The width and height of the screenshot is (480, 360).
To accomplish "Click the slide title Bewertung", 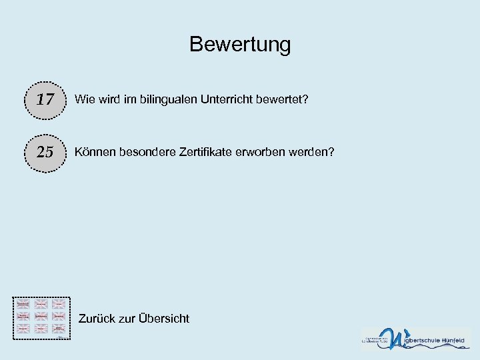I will point(240,45).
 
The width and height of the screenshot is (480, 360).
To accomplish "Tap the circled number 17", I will point(45,100).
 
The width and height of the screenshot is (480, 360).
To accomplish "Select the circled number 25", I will point(45,152).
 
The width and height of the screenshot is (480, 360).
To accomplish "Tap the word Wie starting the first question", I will point(84,99).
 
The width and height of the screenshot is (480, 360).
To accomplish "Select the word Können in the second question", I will point(95,152).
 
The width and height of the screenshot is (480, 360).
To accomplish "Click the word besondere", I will point(145,152).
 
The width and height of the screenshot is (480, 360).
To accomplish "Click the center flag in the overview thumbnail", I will point(42,315).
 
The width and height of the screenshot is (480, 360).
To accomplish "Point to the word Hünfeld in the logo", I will point(456,341).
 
